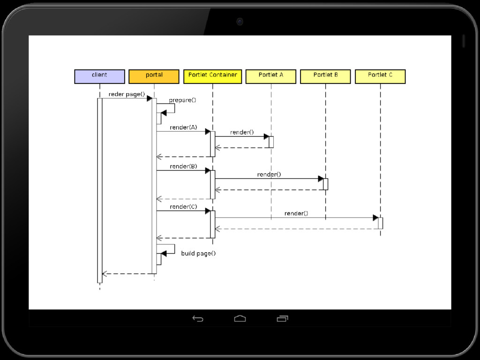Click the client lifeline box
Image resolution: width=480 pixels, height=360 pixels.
pyautogui.click(x=99, y=76)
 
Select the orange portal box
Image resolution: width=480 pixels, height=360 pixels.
pyautogui.click(x=154, y=76)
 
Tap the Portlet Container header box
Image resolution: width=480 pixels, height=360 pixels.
pyautogui.click(x=212, y=76)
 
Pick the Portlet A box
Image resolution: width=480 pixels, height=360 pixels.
pyautogui.click(x=271, y=76)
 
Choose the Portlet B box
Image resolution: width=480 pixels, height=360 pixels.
pyautogui.click(x=325, y=76)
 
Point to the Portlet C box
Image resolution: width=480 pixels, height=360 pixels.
pyautogui.click(x=380, y=76)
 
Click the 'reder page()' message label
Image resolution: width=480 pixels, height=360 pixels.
pyautogui.click(x=127, y=94)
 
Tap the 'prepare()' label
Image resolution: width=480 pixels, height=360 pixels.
pyautogui.click(x=182, y=100)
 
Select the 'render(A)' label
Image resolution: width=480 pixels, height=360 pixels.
pyautogui.click(x=183, y=127)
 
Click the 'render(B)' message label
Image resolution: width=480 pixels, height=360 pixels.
pyautogui.click(x=183, y=166)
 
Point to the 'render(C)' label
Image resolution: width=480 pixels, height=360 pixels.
pyautogui.click(x=183, y=207)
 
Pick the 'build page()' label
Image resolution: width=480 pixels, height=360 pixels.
pyautogui.click(x=198, y=254)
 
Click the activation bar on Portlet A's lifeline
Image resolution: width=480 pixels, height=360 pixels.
pyautogui.click(x=271, y=142)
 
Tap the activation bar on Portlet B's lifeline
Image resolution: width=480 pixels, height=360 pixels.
pyautogui.click(x=325, y=184)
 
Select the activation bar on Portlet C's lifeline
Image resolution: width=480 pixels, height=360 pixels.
pyautogui.click(x=380, y=223)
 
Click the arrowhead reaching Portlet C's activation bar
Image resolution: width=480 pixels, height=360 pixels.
pyautogui.click(x=375, y=218)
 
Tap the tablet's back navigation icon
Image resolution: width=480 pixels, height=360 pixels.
pyautogui.click(x=198, y=319)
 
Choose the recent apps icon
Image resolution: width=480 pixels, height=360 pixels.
pyautogui.click(x=282, y=319)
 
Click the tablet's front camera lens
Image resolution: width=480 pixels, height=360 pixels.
pyautogui.click(x=240, y=21)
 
